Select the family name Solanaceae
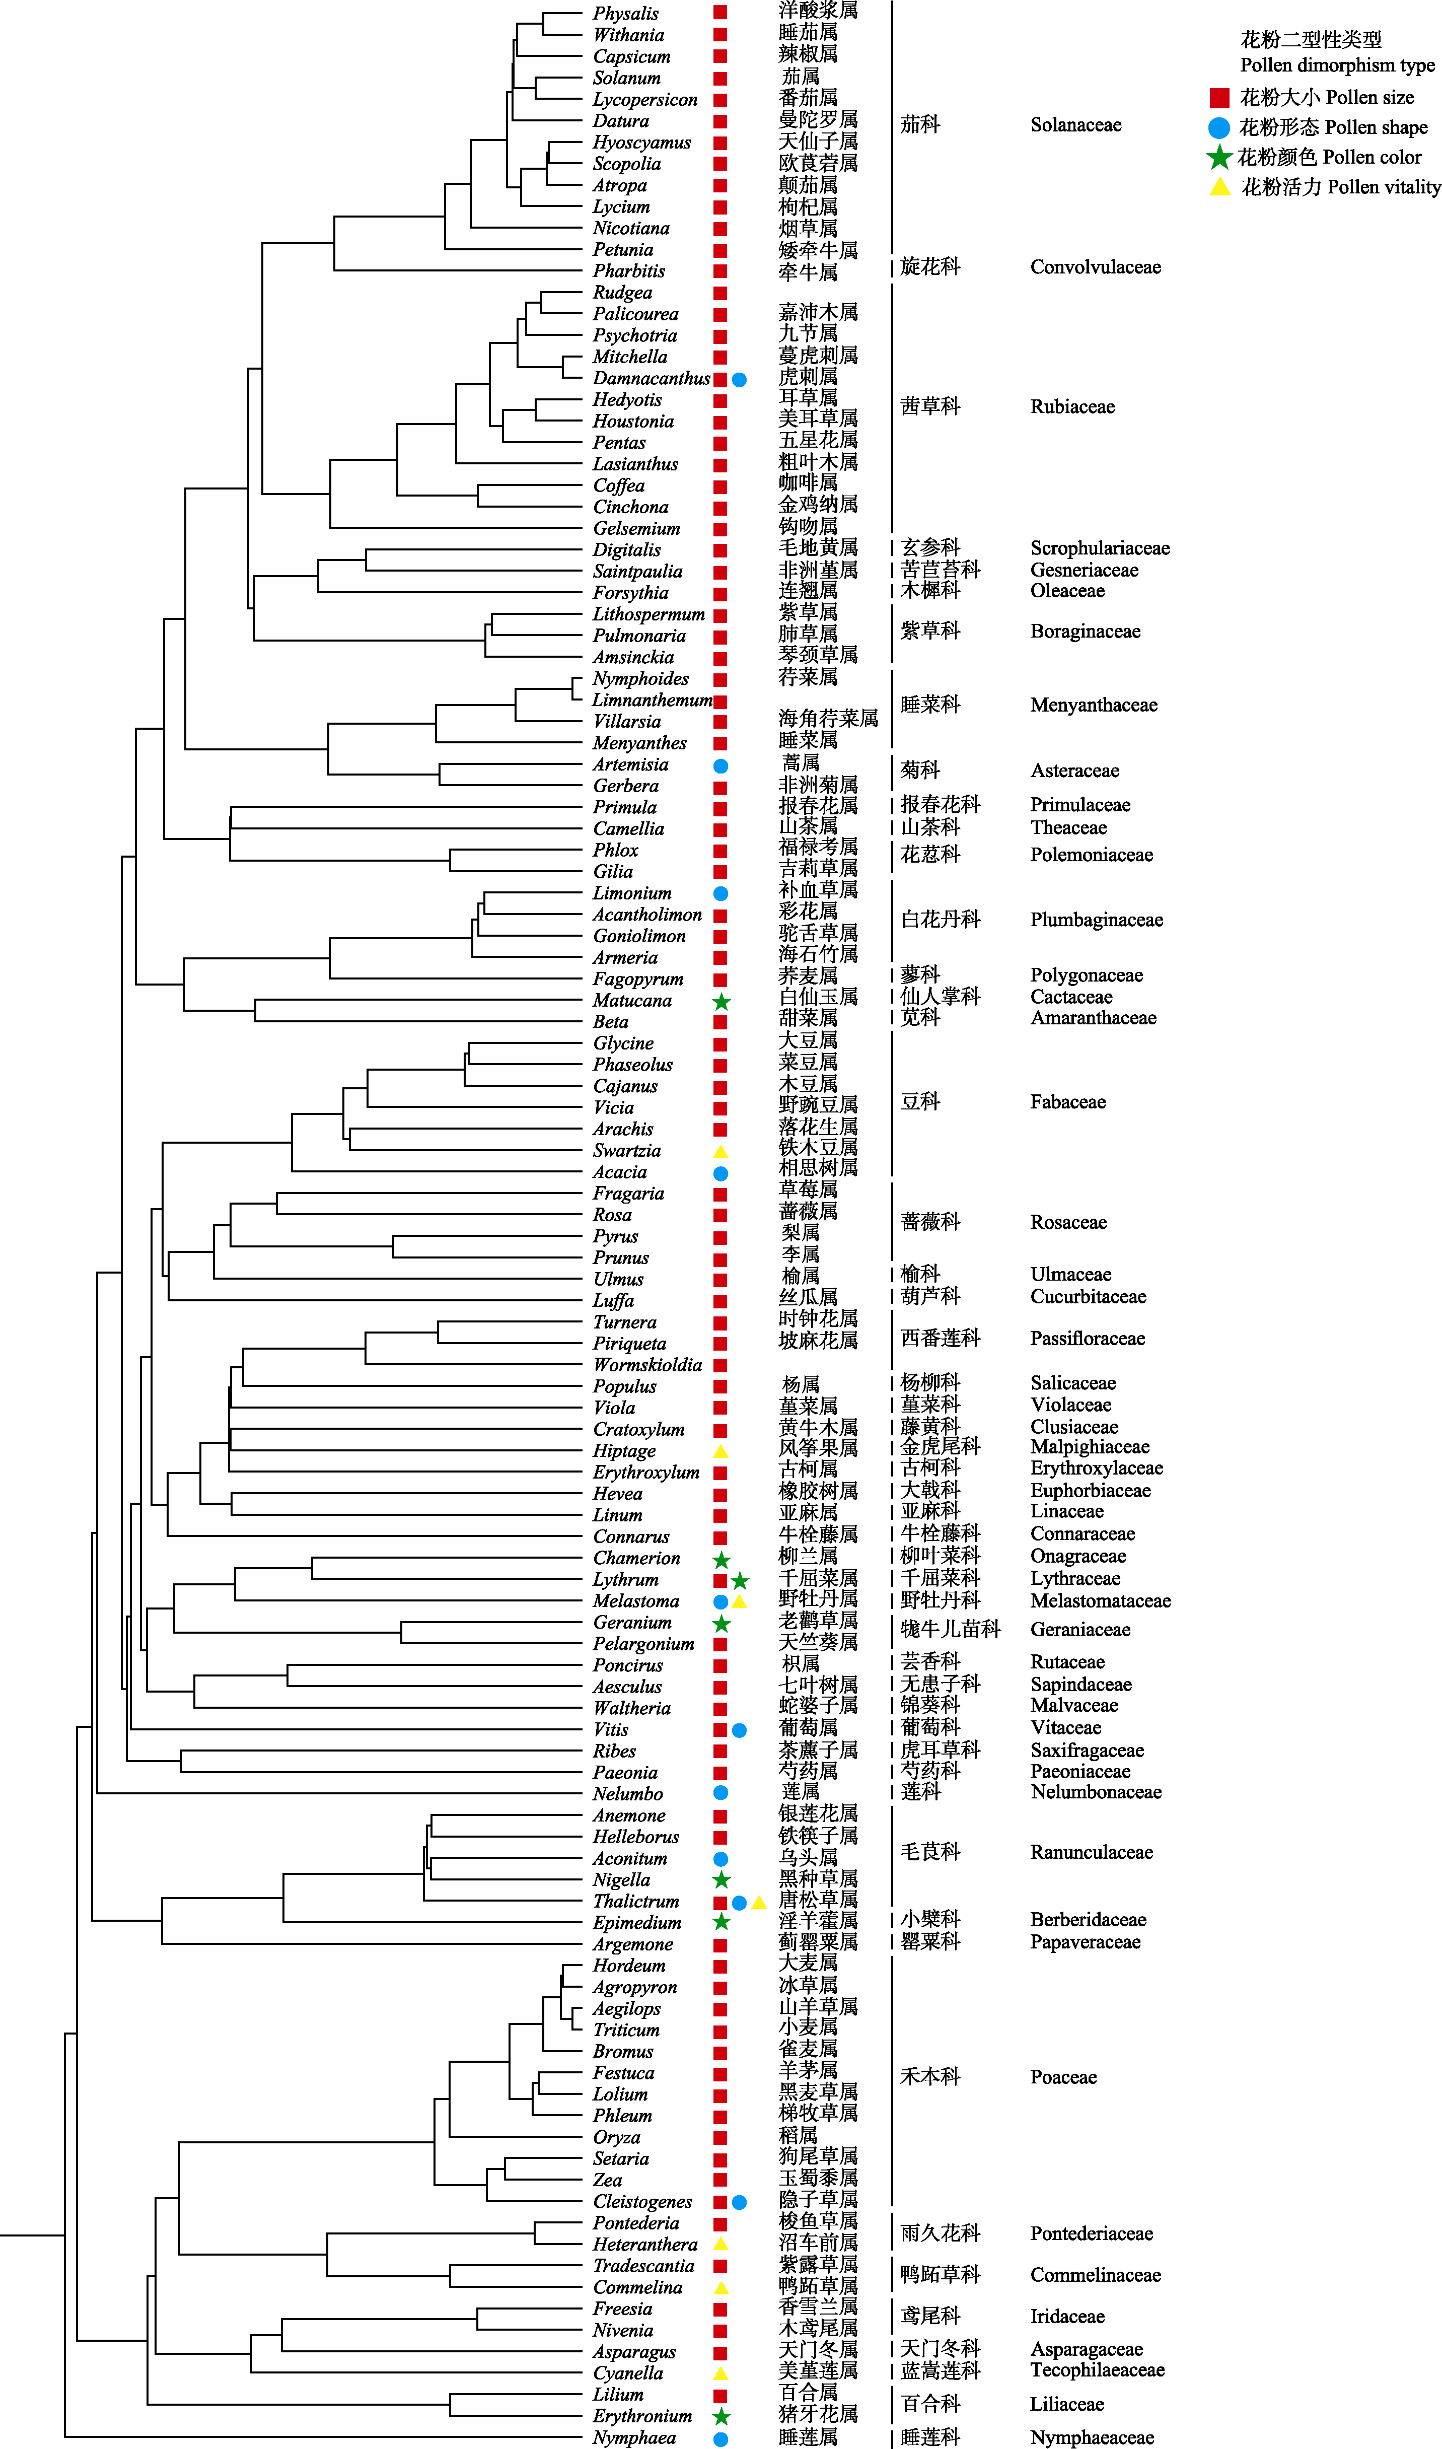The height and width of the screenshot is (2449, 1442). click(x=1075, y=124)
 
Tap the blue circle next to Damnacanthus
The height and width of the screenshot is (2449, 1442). click(x=740, y=379)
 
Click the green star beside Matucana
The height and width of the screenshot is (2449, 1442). click(x=721, y=1001)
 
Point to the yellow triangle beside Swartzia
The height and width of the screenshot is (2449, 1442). click(x=721, y=1152)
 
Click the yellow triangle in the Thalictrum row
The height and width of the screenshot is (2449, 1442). click(x=759, y=1903)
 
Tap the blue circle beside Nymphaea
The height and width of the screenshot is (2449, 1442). click(x=721, y=2438)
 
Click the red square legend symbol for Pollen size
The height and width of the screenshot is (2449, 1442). click(x=1219, y=97)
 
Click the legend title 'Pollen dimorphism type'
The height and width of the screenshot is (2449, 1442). click(x=1337, y=65)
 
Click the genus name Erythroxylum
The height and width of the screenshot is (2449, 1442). click(x=646, y=1473)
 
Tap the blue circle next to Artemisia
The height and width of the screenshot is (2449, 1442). click(x=721, y=766)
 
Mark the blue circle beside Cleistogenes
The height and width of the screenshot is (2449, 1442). click(x=740, y=2202)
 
